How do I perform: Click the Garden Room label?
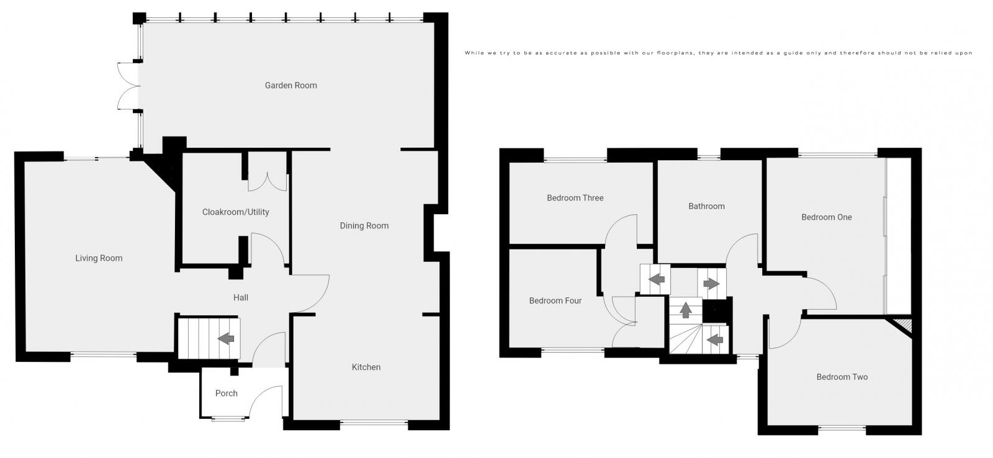click(290, 86)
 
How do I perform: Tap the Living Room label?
click(99, 258)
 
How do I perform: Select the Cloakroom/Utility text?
click(235, 212)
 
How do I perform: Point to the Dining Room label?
click(364, 226)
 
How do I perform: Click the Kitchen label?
click(366, 367)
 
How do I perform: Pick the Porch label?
click(226, 393)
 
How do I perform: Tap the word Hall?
click(240, 298)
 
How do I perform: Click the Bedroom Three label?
click(575, 198)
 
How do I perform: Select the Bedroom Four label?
click(555, 301)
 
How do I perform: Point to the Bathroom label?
click(706, 206)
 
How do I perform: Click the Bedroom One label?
click(826, 217)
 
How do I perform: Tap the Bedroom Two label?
click(842, 377)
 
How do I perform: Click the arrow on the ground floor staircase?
click(227, 338)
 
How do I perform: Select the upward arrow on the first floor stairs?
click(685, 309)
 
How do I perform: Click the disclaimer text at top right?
click(718, 53)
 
